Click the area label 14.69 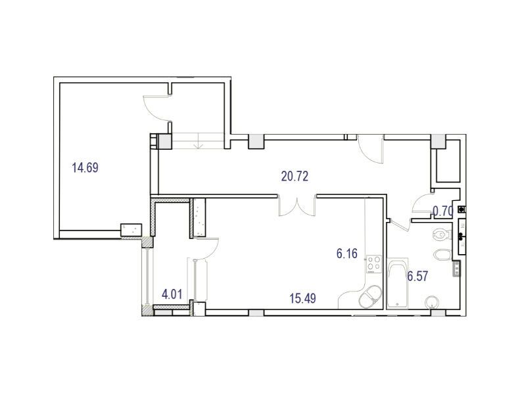[85, 167]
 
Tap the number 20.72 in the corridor [295, 176]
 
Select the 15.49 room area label [302, 298]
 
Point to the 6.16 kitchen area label [347, 253]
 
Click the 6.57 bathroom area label [418, 276]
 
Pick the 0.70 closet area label [443, 211]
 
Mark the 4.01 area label [172, 294]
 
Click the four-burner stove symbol [373, 264]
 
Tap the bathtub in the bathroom [397, 283]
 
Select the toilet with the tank [441, 234]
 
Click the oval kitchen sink [370, 297]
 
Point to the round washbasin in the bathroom [432, 303]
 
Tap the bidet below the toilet [442, 255]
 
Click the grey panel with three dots [456, 269]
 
